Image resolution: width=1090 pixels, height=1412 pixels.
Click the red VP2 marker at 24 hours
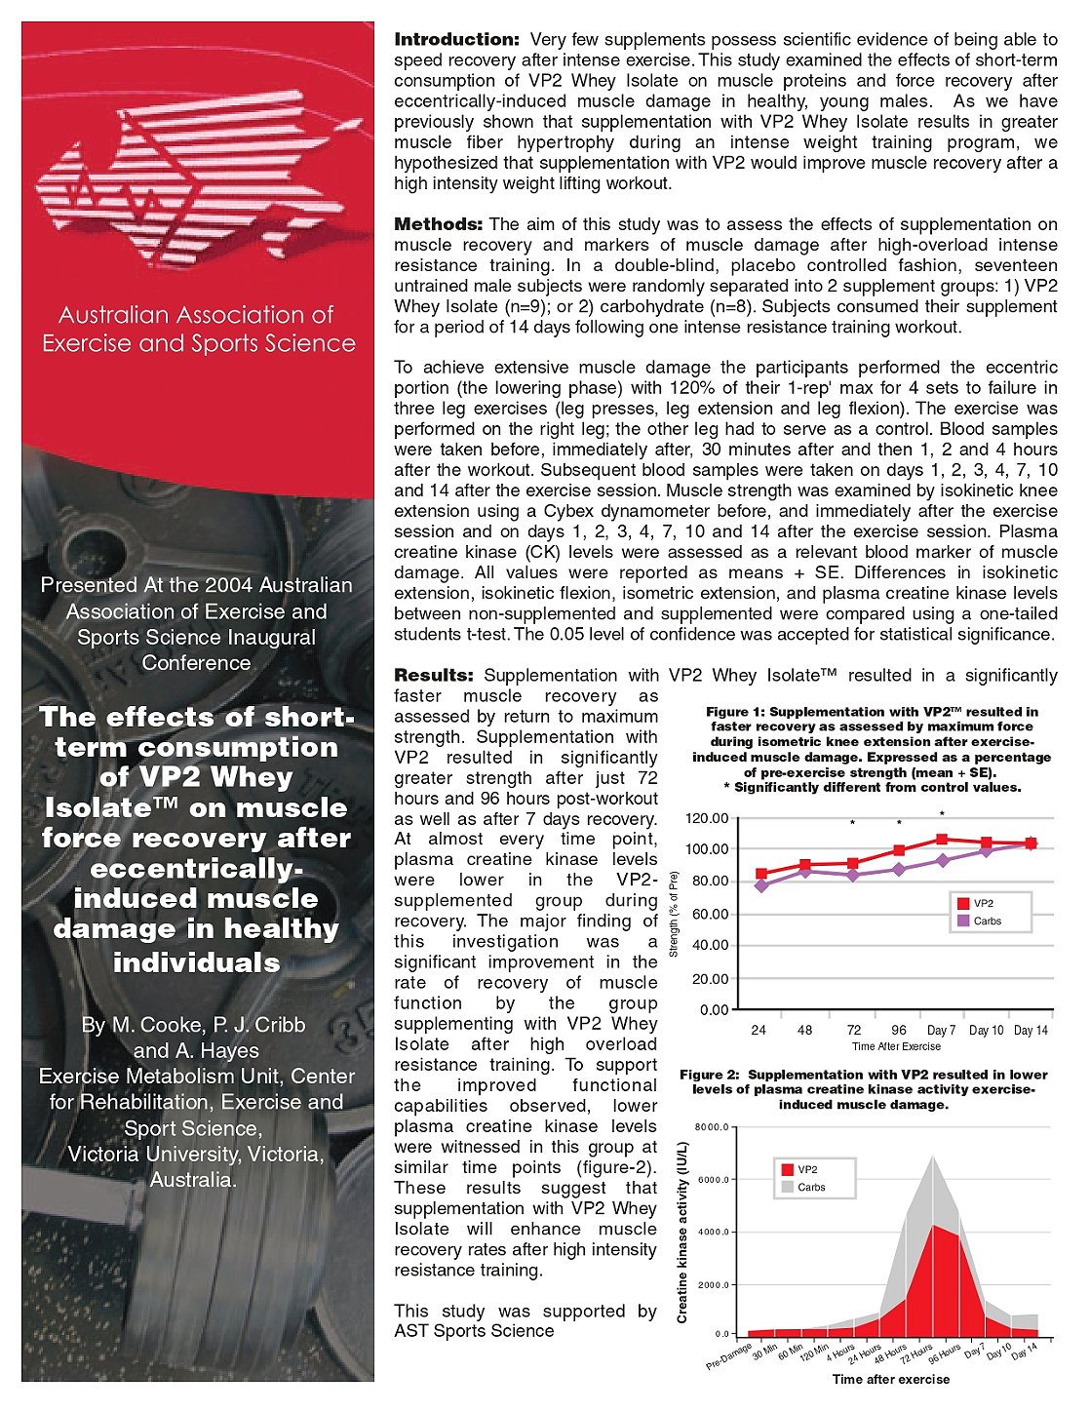point(761,874)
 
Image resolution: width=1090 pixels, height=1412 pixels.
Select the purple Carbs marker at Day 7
point(942,860)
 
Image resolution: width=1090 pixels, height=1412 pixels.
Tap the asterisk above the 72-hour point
point(852,823)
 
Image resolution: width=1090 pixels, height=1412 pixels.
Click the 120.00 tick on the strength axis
point(707,817)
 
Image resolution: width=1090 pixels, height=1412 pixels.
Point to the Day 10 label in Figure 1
point(986,1030)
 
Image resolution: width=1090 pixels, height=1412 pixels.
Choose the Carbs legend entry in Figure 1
point(987,921)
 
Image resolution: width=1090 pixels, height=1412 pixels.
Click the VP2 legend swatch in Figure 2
point(787,1169)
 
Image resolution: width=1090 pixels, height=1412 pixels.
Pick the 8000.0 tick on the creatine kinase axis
point(712,1127)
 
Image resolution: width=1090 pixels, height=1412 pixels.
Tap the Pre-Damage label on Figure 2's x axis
point(729,1358)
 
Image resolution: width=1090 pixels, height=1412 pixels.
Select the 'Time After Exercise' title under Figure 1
point(896,1046)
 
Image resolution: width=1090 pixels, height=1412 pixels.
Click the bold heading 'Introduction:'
point(456,40)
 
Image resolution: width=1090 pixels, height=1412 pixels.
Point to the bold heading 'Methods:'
point(438,224)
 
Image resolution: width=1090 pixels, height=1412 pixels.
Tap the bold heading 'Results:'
point(433,675)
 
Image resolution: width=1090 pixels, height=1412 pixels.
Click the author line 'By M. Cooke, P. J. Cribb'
point(194,1025)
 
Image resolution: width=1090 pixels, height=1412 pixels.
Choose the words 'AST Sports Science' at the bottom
point(474,1331)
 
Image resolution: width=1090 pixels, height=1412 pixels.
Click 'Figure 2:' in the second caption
point(709,1075)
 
